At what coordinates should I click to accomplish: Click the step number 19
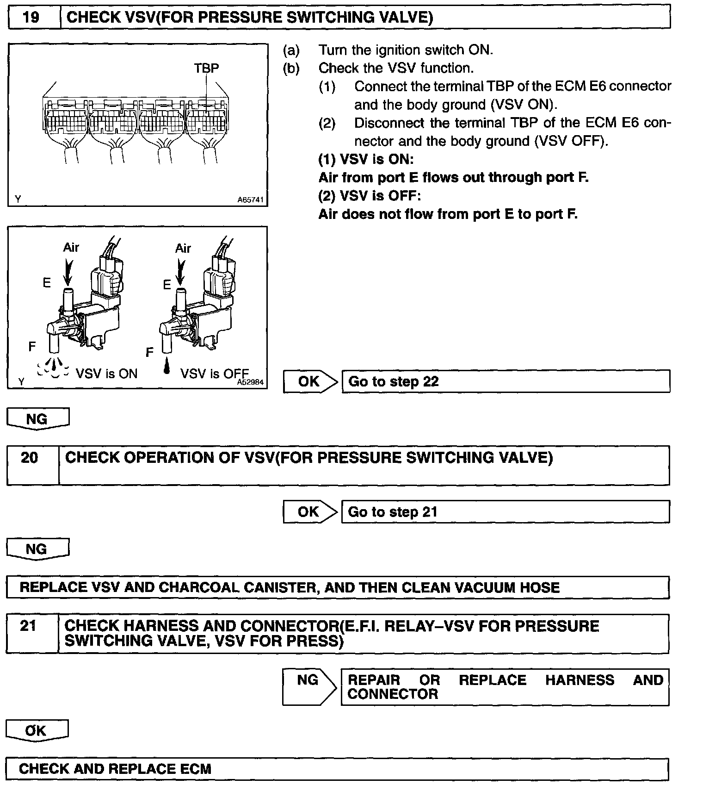[31, 18]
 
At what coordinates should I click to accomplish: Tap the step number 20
[29, 457]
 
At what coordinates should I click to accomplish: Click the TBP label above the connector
[206, 68]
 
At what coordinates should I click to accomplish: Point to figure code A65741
[250, 200]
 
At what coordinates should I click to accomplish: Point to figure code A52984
[250, 382]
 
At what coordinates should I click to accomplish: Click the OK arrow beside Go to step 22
[310, 381]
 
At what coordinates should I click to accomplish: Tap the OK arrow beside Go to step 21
[309, 512]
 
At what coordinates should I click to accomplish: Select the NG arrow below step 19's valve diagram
[37, 419]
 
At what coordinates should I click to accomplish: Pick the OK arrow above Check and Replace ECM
[36, 731]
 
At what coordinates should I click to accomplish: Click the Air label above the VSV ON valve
[71, 248]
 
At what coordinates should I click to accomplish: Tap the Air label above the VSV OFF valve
[183, 249]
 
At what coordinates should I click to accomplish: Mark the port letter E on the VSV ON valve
[47, 282]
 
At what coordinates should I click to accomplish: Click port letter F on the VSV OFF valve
[149, 353]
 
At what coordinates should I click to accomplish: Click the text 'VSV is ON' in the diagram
[106, 374]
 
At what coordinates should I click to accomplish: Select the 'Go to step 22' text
[393, 382]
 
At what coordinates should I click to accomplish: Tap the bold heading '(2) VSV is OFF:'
[370, 196]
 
